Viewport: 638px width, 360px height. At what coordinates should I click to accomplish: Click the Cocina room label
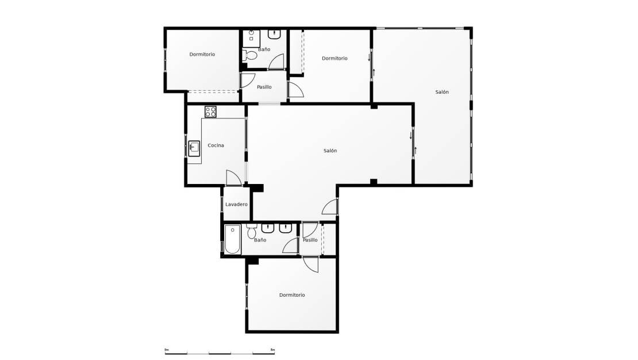point(216,145)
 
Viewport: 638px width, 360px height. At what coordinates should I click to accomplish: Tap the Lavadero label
point(236,204)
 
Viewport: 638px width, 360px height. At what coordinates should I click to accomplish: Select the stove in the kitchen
point(210,112)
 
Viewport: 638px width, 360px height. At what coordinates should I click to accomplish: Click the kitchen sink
point(194,148)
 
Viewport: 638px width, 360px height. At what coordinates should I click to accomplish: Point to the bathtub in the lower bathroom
point(232,239)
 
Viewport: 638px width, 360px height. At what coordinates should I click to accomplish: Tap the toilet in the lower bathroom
point(251,231)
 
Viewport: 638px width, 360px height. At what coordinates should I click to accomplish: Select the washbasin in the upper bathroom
point(275,34)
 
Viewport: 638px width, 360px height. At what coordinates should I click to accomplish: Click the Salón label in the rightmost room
point(442,92)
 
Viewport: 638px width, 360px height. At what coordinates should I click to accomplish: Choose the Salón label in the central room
point(330,151)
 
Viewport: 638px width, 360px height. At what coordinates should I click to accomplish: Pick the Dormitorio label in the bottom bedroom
point(292,295)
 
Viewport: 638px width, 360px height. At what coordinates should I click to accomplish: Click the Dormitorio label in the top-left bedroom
point(202,54)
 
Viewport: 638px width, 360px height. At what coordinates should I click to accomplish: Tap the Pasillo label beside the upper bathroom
point(264,87)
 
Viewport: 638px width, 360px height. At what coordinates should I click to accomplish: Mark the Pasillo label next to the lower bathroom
point(310,240)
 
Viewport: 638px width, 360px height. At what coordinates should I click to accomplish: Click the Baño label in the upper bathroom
point(264,49)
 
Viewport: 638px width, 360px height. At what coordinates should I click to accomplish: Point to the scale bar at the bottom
point(220,353)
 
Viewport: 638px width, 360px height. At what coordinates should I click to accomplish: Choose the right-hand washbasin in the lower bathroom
point(286,228)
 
